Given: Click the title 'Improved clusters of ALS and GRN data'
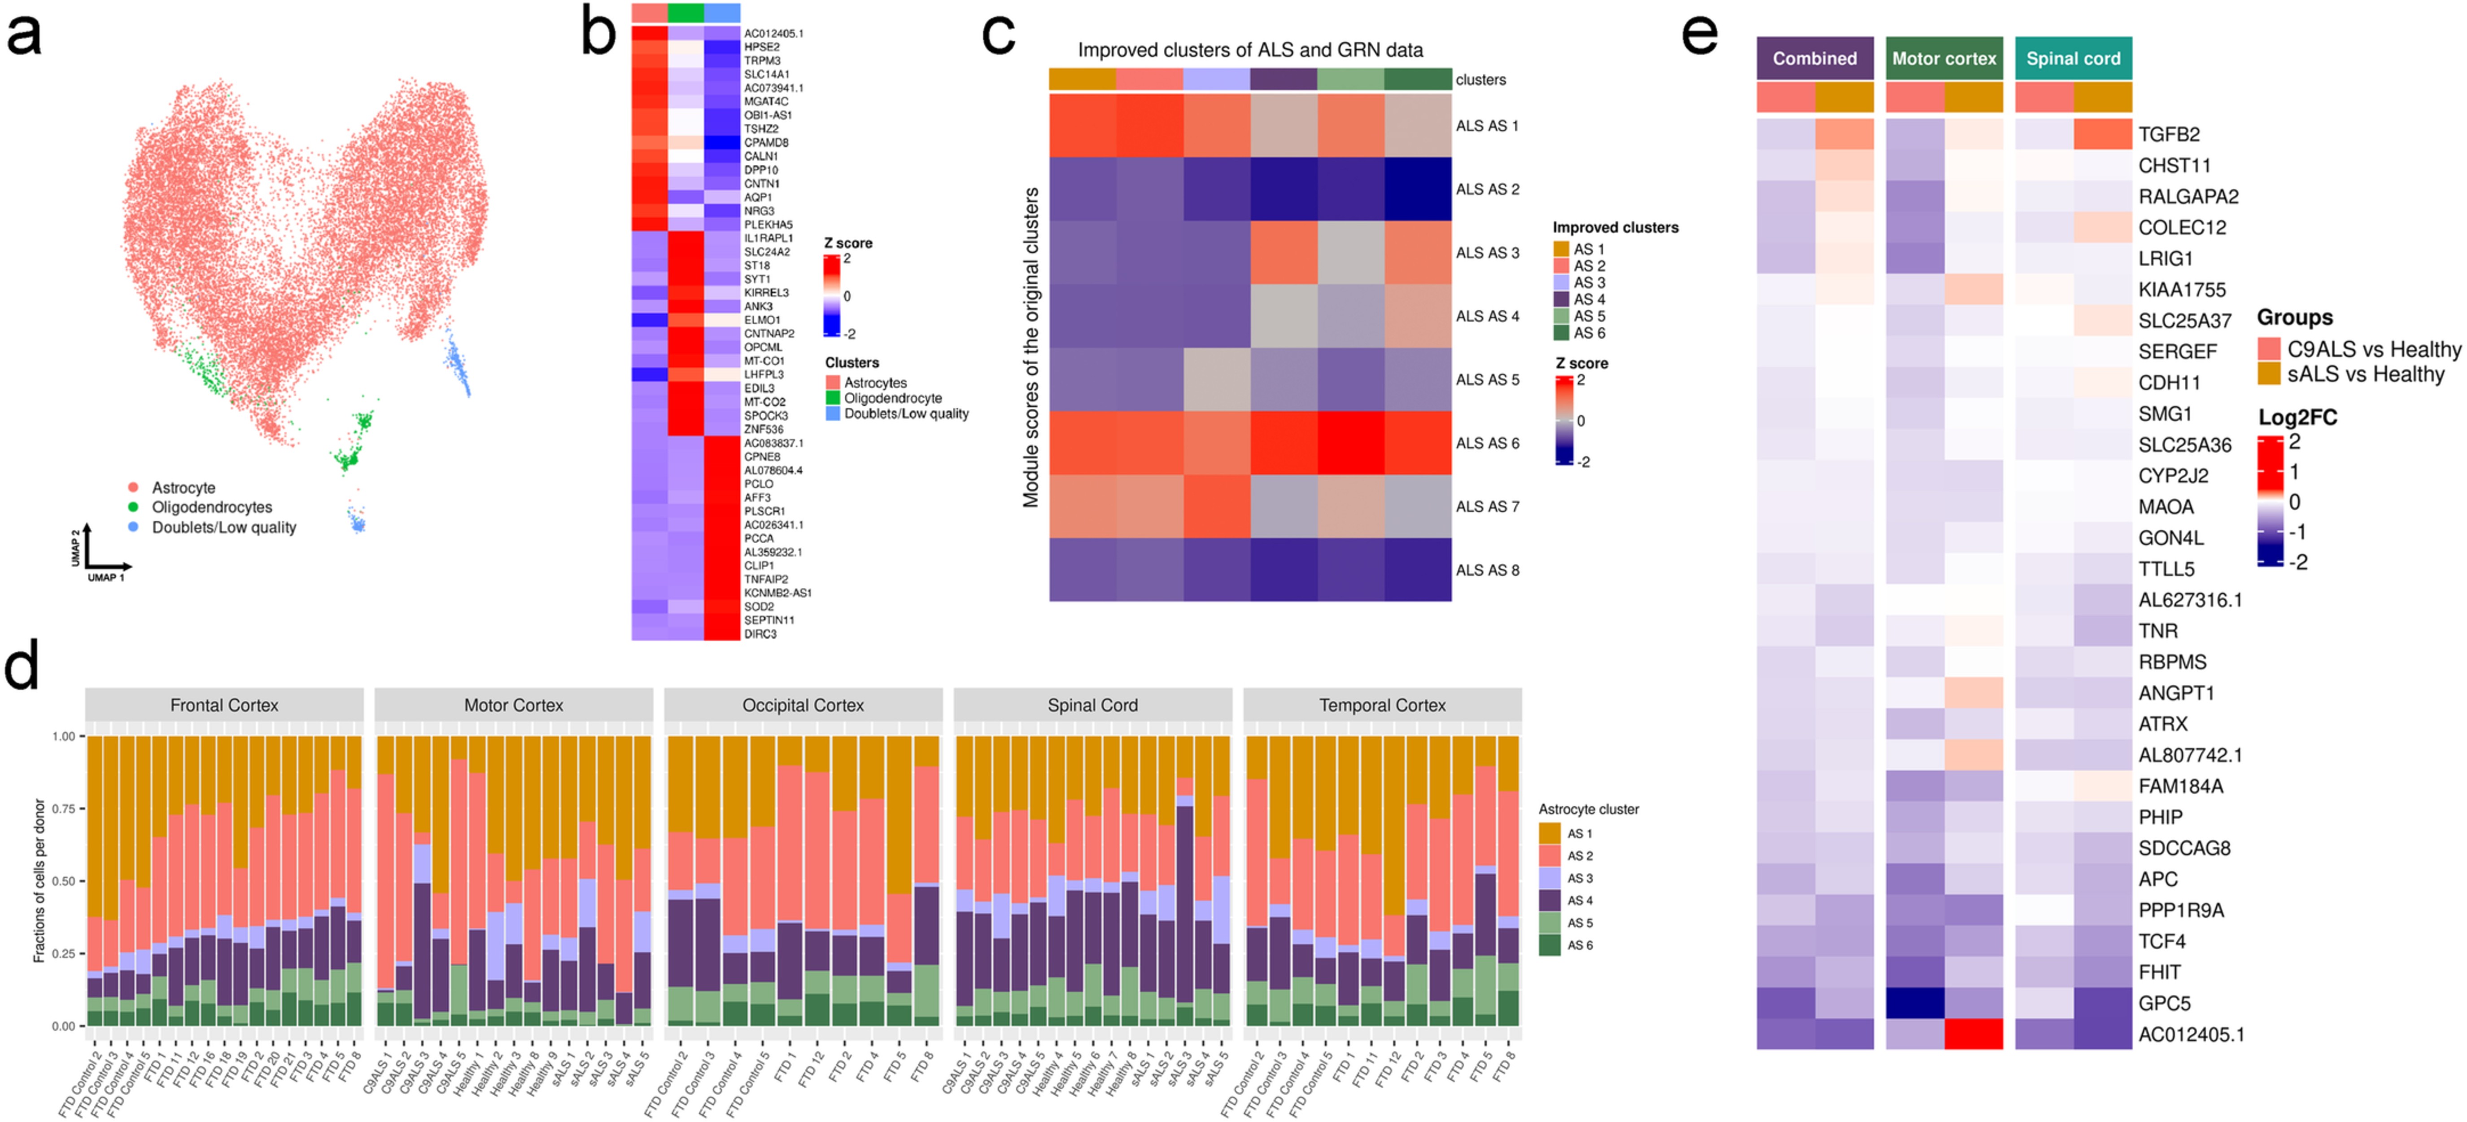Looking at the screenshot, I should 1250,50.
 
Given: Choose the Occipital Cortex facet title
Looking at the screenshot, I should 803,705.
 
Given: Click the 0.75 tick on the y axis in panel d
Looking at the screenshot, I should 63,809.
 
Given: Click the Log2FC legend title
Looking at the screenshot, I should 2297,418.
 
